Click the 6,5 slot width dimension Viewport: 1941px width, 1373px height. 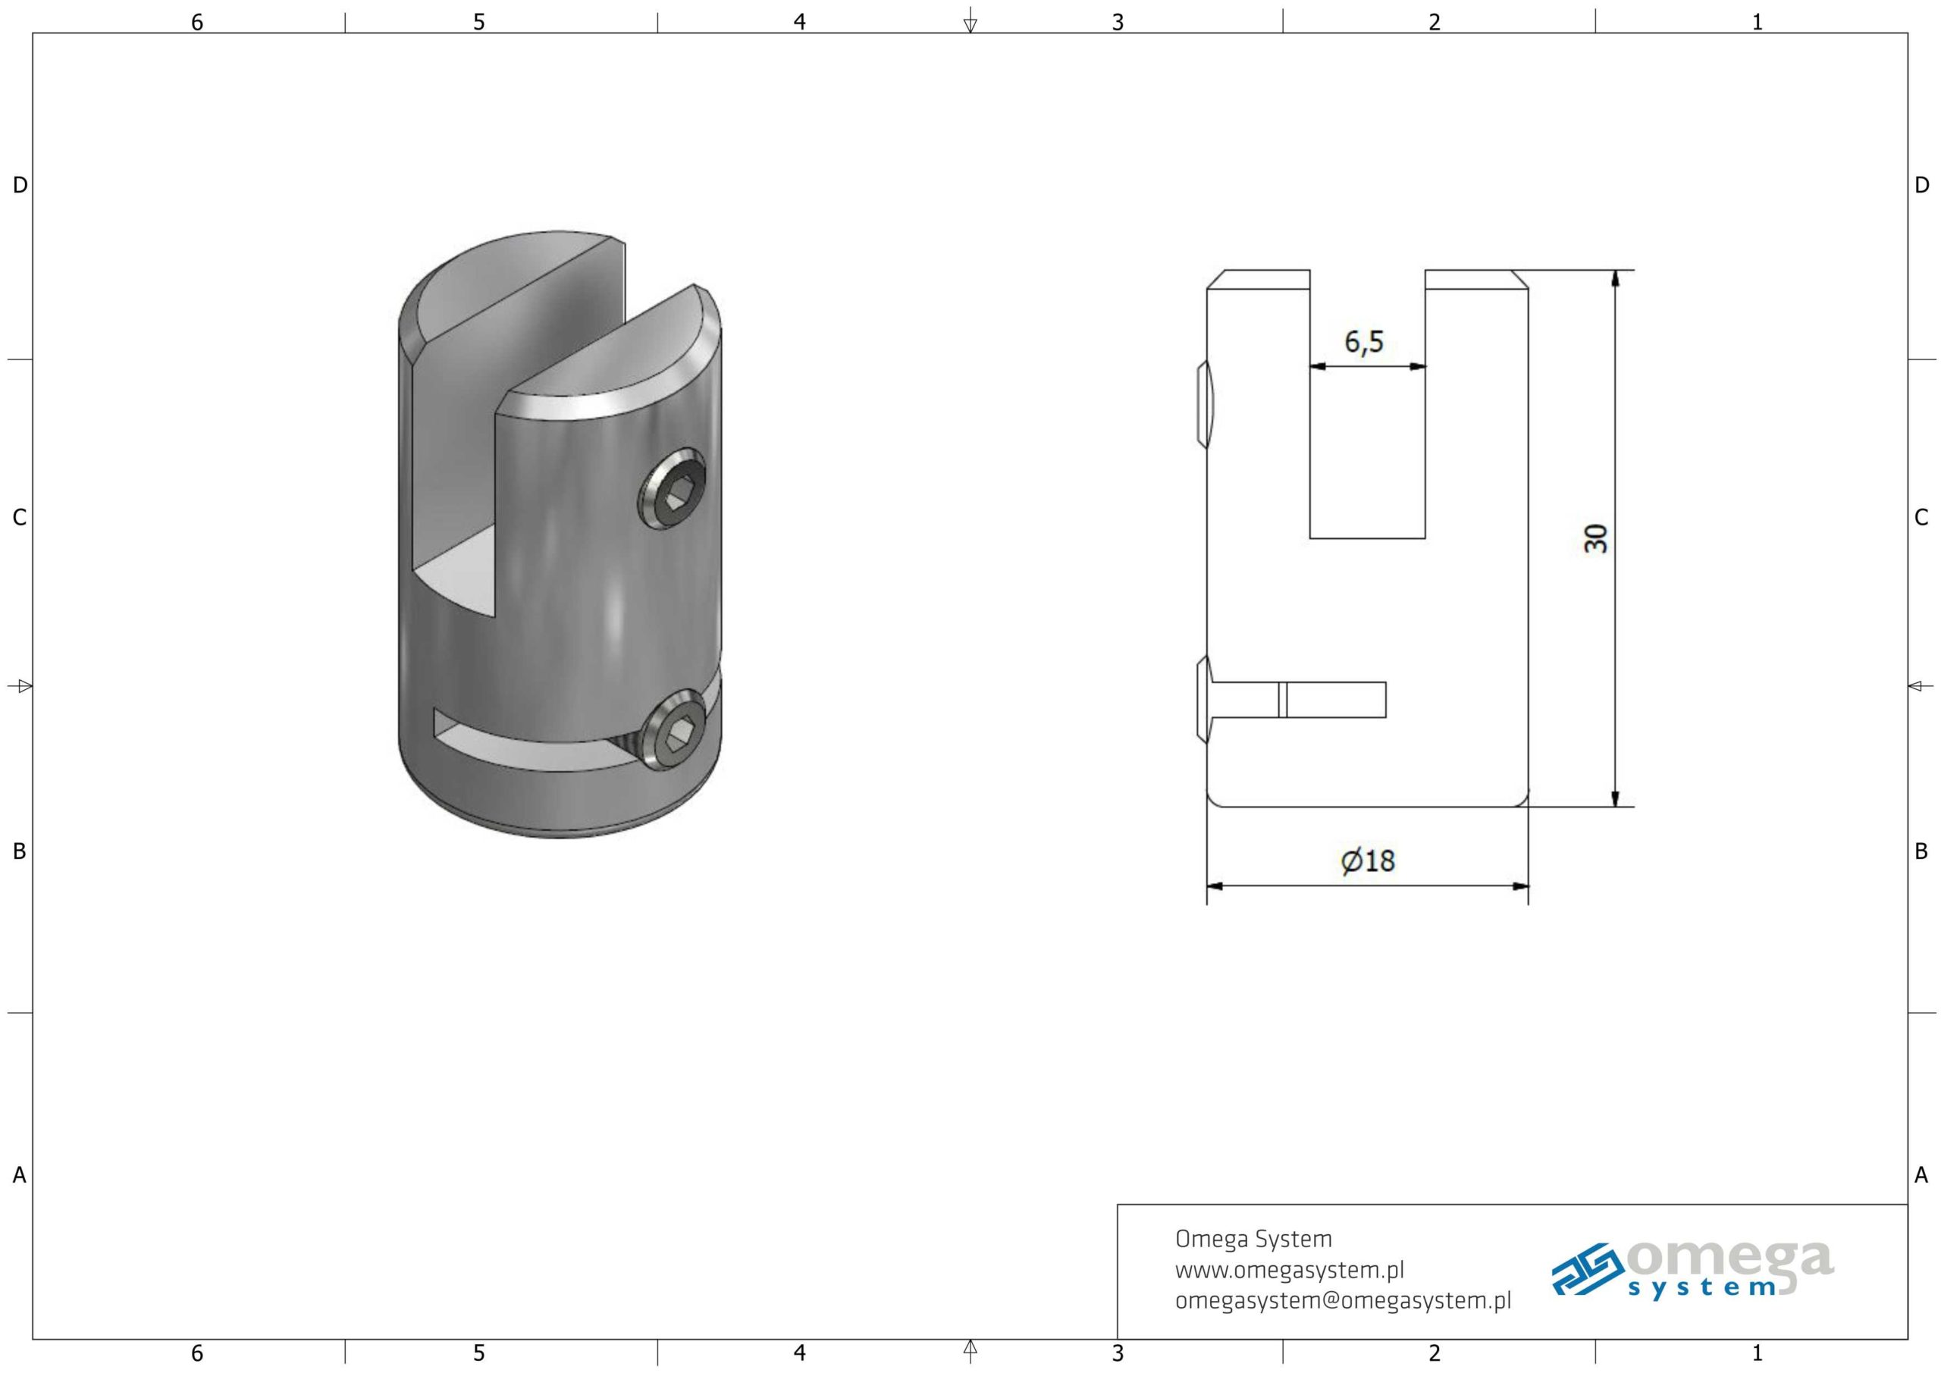coord(1365,343)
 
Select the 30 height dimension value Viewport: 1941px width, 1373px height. coord(1595,538)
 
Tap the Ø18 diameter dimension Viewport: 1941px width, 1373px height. coord(1367,860)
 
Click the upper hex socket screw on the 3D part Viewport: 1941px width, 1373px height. coord(672,489)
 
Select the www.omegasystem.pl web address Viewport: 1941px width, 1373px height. coord(1289,1270)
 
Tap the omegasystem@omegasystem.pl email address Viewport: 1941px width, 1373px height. coord(1343,1301)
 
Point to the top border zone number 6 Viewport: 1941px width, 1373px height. coord(197,22)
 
